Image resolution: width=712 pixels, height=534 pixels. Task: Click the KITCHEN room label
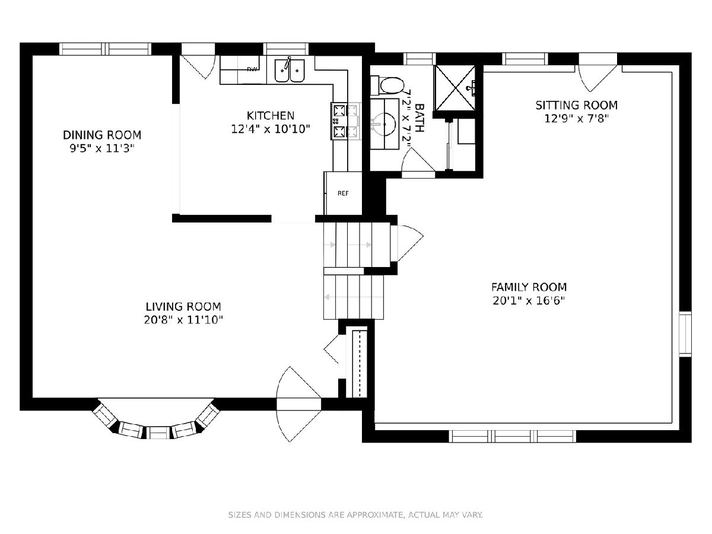coord(270,116)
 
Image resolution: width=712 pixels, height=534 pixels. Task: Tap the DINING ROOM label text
coord(102,135)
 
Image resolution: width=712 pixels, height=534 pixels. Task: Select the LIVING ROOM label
coord(183,306)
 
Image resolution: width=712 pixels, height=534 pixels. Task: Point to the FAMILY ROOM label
coord(529,287)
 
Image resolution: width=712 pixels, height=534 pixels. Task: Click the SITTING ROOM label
coord(576,105)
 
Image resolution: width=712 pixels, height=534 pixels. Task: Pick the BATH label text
coord(420,117)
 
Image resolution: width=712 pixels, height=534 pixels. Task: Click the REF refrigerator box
coord(343,193)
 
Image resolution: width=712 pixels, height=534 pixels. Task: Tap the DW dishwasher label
coord(252,69)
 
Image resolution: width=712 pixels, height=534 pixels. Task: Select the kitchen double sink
coord(290,70)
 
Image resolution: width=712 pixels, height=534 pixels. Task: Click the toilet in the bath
coord(386,85)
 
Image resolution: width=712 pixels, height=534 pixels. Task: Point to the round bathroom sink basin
coord(384,124)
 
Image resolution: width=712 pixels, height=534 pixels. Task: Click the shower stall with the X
coord(454,88)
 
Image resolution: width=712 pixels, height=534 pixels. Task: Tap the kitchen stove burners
coord(339,121)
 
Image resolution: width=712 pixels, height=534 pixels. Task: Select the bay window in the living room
coord(157,421)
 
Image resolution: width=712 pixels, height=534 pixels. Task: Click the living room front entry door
coord(298,404)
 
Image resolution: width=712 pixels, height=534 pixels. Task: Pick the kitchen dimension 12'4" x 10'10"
coord(270,129)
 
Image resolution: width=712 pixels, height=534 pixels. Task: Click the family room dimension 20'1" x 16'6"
coord(529,301)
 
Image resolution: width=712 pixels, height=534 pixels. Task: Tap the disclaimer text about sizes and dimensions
coord(355,514)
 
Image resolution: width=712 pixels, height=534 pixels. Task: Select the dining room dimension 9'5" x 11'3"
coord(102,148)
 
